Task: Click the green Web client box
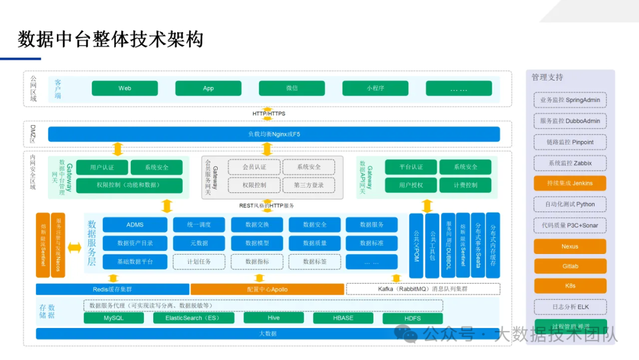[125, 88]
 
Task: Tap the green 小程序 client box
[375, 88]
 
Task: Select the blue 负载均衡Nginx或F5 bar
[273, 134]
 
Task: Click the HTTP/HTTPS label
[269, 114]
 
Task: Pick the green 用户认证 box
[102, 167]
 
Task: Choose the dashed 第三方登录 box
[308, 185]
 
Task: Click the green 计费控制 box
[465, 185]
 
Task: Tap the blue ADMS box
[134, 225]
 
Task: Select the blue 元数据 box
[199, 243]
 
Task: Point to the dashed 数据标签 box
[314, 261]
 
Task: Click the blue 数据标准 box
[372, 243]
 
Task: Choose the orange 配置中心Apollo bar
[267, 290]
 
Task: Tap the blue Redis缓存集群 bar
[112, 290]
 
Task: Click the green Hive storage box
[273, 318]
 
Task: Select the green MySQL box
[114, 318]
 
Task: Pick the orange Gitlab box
[570, 266]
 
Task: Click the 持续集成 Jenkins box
[570, 183]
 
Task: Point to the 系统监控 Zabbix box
[570, 163]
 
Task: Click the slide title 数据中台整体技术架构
[111, 40]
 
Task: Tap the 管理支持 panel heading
[547, 78]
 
